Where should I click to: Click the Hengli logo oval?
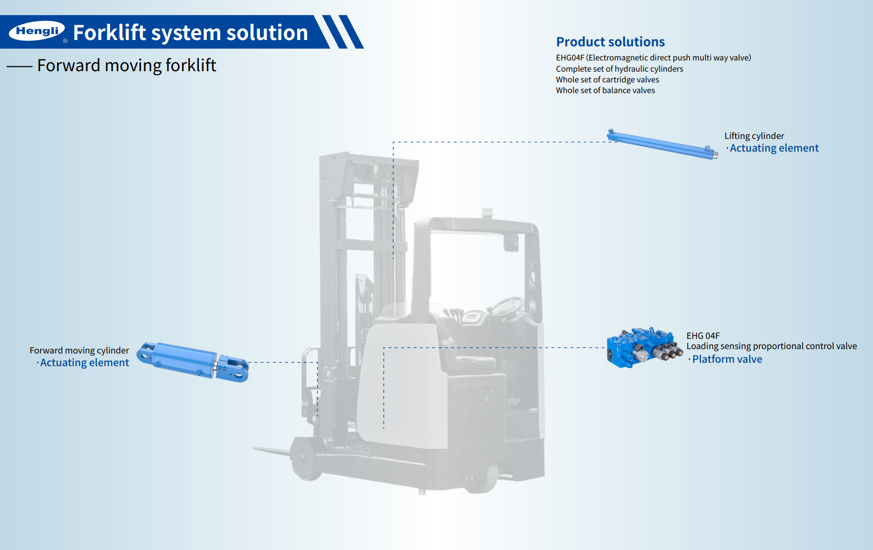click(37, 31)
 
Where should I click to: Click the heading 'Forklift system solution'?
click(190, 33)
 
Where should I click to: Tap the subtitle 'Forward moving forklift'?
click(126, 65)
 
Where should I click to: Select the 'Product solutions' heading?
click(610, 42)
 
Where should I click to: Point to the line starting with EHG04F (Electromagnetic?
click(653, 58)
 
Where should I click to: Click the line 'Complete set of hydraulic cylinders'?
click(619, 69)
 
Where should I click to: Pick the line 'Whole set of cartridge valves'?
click(607, 79)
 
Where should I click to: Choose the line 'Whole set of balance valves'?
click(605, 90)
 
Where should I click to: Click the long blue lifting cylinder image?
click(662, 144)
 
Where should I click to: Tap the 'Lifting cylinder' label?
click(754, 136)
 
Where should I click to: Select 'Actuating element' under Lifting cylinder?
click(774, 148)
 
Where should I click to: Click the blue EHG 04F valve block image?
click(643, 347)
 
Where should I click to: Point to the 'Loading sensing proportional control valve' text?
click(771, 346)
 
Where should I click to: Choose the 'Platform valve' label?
click(727, 359)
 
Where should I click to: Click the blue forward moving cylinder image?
click(192, 361)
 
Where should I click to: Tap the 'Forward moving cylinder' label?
click(79, 351)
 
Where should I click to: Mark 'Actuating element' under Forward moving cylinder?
click(84, 363)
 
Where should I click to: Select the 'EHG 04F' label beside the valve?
click(703, 336)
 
